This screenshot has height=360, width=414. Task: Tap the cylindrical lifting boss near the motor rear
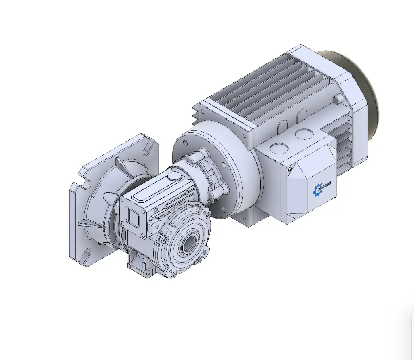click(337, 99)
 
